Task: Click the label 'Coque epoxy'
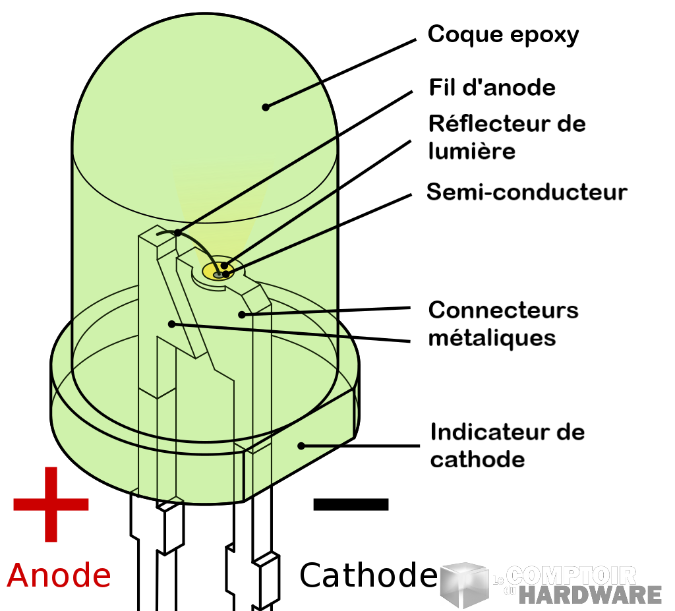503,34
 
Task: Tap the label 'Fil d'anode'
492,88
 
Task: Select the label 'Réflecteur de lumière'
506,137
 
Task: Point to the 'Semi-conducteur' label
527,192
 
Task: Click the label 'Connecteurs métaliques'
503,324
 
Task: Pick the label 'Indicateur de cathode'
507,446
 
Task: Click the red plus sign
51,504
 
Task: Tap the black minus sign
351,504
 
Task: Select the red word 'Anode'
59,575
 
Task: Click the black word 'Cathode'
368,575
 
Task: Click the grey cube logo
464,585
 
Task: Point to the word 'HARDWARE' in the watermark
589,594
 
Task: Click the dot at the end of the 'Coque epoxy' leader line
266,107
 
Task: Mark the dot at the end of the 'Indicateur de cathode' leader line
301,446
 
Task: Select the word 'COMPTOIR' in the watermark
573,575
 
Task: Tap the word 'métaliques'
492,337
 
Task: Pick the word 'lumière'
471,151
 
